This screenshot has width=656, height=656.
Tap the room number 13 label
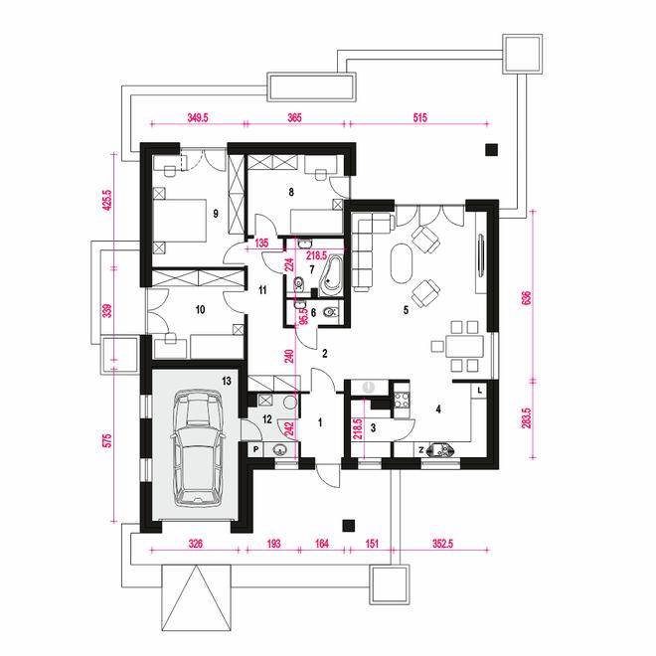(227, 381)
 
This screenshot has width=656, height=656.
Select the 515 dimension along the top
(420, 117)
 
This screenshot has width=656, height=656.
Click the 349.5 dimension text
(198, 117)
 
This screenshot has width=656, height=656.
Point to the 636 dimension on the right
(527, 297)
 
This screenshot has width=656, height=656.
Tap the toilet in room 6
(332, 312)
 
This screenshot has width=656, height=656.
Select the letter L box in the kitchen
(479, 391)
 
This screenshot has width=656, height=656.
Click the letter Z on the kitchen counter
(421, 450)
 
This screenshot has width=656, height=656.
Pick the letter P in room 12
(256, 449)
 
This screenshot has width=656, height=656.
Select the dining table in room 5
(464, 347)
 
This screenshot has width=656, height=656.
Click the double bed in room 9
(180, 221)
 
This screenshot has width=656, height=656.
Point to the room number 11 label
(262, 290)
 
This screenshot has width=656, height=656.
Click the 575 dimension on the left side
(108, 441)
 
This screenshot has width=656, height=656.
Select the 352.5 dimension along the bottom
(442, 544)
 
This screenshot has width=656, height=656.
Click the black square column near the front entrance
(349, 526)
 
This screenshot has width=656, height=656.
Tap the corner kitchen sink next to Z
(440, 449)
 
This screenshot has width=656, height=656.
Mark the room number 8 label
(291, 192)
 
